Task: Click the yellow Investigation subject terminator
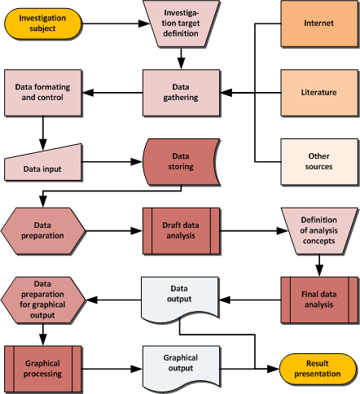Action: pos(43,24)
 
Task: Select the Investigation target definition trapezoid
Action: pos(181,24)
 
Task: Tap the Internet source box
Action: pos(319,24)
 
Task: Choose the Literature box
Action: pos(319,93)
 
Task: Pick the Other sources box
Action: pos(319,162)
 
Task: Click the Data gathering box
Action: pos(181,93)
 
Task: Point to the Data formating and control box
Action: pos(43,93)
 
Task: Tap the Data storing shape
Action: pos(181,162)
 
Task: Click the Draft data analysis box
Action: pos(181,231)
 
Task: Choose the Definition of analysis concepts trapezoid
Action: pos(319,231)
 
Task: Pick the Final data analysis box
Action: pos(319,300)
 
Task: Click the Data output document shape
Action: pos(180,299)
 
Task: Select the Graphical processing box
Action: pos(43,369)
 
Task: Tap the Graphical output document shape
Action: pos(181,367)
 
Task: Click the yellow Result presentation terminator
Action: pos(318,369)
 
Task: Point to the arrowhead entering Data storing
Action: pos(137,162)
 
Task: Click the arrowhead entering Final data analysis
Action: pos(319,271)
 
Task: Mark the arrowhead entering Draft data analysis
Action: pos(137,231)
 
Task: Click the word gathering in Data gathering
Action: pos(181,98)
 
